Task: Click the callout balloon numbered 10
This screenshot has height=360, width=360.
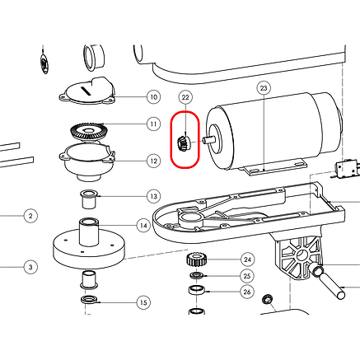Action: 154,97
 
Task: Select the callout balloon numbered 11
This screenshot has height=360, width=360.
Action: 154,124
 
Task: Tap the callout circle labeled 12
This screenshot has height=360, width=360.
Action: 154,161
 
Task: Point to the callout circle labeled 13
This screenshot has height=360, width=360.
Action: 154,196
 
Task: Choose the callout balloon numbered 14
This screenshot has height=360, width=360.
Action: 143,226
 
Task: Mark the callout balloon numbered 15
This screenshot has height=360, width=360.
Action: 143,302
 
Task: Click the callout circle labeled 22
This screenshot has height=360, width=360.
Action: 185,97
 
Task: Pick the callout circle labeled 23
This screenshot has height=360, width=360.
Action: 264,88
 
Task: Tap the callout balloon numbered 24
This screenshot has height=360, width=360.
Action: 248,259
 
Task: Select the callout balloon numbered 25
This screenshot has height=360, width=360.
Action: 247,276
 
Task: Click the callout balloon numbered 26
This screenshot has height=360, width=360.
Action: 247,292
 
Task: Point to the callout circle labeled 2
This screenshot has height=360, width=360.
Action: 30,216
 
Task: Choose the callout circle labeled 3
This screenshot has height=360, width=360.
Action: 30,267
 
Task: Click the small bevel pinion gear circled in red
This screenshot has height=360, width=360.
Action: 182,143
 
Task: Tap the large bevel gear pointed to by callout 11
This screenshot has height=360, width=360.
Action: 87,132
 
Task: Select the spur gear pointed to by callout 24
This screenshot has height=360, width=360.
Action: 196,259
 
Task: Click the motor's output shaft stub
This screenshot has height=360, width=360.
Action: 208,140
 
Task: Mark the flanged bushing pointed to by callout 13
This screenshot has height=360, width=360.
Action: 89,200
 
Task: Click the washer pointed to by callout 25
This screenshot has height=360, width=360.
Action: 196,275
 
